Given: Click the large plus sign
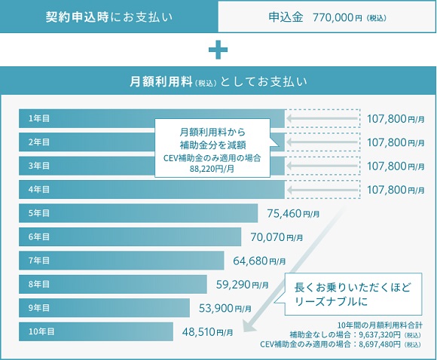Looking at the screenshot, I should tap(218, 50).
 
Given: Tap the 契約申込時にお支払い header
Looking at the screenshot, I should tap(109, 17).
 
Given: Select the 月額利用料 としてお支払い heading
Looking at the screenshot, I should tap(218, 80).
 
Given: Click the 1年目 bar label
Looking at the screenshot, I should tap(39, 118).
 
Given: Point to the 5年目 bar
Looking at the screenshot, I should tap(138, 213).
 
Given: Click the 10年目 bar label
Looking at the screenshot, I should tap(41, 331).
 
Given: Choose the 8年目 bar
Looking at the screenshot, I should tap(113, 284).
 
